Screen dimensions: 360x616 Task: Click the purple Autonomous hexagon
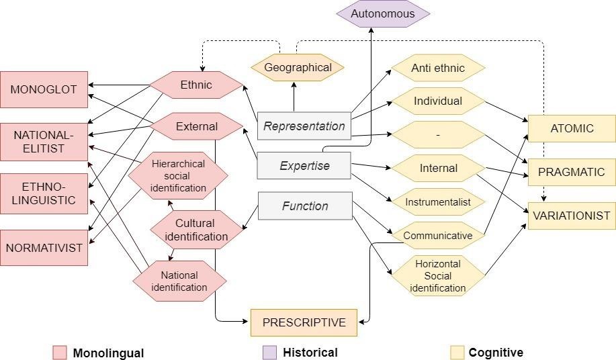click(x=383, y=13)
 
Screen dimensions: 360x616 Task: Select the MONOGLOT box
click(x=44, y=89)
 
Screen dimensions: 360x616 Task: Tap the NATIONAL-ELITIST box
click(x=44, y=142)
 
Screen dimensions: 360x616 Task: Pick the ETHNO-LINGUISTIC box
click(x=44, y=193)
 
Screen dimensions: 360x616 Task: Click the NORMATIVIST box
click(x=44, y=247)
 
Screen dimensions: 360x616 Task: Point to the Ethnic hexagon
click(x=196, y=85)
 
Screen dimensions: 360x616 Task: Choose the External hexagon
click(x=196, y=126)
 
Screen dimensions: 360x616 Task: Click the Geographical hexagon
click(x=298, y=67)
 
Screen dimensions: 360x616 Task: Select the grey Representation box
click(x=304, y=126)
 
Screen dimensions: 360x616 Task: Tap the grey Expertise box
click(x=304, y=166)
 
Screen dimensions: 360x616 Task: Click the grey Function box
click(x=304, y=206)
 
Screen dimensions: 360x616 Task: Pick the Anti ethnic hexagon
click(x=438, y=68)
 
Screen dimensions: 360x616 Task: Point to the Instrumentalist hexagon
click(x=438, y=201)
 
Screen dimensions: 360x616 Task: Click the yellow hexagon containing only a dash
click(x=438, y=135)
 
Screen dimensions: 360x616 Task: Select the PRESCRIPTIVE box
click(x=304, y=322)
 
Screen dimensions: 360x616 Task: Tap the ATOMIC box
click(x=572, y=128)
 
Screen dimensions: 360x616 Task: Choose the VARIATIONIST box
click(x=572, y=216)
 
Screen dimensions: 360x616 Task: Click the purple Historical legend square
click(x=269, y=353)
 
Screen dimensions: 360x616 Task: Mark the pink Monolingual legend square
click(x=60, y=353)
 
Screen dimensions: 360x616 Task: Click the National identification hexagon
click(x=179, y=281)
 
